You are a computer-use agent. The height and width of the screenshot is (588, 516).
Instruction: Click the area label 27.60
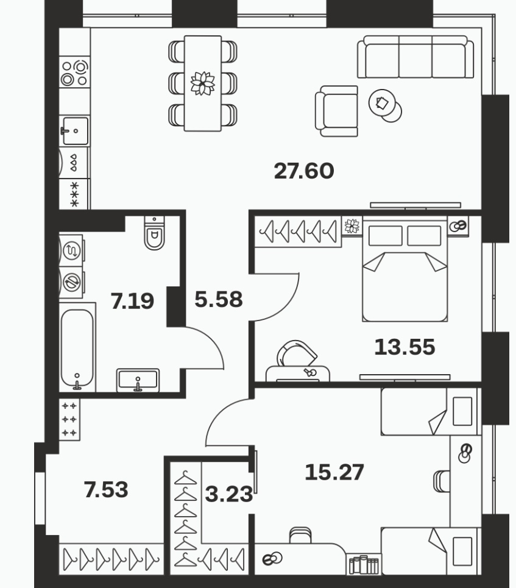click(304, 171)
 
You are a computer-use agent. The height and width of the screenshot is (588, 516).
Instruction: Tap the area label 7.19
click(132, 301)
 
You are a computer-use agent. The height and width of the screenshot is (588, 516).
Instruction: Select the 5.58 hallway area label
click(219, 299)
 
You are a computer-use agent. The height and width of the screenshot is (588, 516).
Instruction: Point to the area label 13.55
click(405, 347)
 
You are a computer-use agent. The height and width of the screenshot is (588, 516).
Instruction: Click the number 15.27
click(334, 472)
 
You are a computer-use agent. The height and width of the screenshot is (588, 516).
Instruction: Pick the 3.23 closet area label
click(228, 494)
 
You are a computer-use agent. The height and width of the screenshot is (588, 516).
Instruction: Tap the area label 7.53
click(106, 490)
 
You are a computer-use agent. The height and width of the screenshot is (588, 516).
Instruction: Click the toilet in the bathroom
click(154, 233)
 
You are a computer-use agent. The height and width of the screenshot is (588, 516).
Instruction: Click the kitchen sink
click(75, 131)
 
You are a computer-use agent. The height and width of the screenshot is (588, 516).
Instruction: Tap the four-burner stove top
click(74, 73)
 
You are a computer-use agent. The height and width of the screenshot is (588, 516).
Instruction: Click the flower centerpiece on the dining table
click(202, 83)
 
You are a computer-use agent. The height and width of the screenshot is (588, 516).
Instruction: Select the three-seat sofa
click(415, 57)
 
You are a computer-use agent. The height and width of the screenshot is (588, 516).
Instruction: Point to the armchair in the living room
click(337, 112)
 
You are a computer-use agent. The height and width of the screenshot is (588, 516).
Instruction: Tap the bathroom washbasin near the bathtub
click(138, 380)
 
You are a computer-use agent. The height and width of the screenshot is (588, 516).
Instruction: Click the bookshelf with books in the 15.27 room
click(363, 564)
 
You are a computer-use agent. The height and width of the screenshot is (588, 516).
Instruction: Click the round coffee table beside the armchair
click(385, 105)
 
